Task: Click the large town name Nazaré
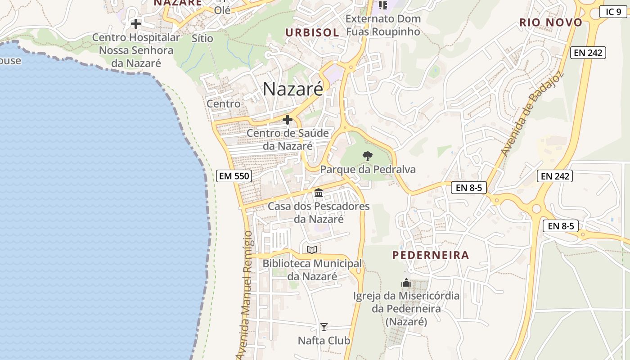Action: [x=293, y=89]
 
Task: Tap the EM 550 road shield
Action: [x=234, y=176]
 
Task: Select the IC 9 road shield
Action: [x=613, y=12]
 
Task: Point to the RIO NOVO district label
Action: [x=551, y=22]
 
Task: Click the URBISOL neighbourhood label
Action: [x=312, y=32]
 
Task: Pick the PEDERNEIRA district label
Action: [x=431, y=256]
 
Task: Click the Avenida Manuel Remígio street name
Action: [x=245, y=295]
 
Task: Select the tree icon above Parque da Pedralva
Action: [x=368, y=156]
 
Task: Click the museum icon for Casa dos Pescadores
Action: [x=319, y=193]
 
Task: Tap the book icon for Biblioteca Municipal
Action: [x=312, y=250]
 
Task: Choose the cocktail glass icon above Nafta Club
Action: [x=324, y=327]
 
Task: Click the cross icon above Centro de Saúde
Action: [x=288, y=120]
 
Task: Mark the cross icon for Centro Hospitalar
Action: [x=136, y=23]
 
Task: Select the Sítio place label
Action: [x=202, y=38]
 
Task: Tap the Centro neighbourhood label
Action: [x=224, y=104]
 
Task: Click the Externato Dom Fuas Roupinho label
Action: [x=383, y=25]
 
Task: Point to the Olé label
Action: [x=222, y=10]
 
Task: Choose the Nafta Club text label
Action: [x=324, y=341]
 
